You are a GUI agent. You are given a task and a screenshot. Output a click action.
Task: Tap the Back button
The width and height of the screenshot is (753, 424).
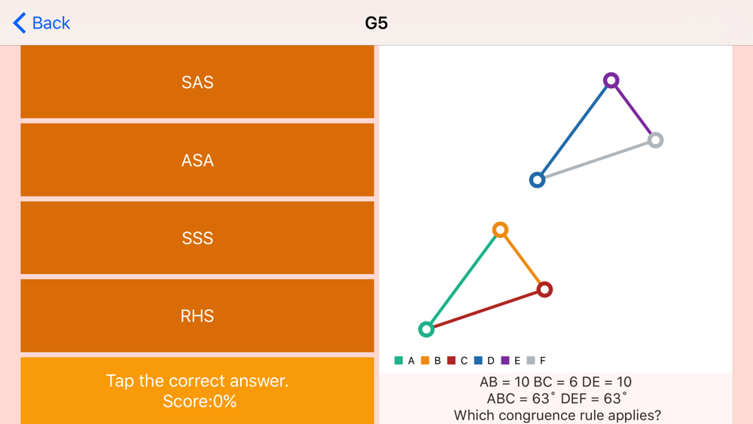pos(41,23)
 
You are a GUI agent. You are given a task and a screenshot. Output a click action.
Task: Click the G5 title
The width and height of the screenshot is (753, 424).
pos(376,23)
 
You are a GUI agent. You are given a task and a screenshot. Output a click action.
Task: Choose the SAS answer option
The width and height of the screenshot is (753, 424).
pos(197,82)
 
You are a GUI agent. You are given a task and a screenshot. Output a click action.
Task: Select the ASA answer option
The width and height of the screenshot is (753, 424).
pos(197,160)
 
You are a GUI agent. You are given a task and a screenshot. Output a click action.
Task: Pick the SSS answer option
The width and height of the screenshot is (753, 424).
pos(197,238)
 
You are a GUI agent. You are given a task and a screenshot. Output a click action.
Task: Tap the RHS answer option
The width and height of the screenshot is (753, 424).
pos(197,316)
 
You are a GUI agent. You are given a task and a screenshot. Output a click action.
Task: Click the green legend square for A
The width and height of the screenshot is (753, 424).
pos(398,360)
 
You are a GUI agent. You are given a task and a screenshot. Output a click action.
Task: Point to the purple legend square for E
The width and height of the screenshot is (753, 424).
pos(505,360)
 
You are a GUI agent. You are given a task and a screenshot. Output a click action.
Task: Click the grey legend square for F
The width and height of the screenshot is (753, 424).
pos(531,360)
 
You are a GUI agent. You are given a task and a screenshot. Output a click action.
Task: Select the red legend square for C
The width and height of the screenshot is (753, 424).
pos(451,360)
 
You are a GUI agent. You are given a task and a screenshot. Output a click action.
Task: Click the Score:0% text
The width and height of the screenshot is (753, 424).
pos(200,401)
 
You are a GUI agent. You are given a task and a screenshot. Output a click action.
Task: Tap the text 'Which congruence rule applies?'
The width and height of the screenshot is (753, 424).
pos(557,415)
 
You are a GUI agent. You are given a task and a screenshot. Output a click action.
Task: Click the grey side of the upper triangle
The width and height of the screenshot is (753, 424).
pos(596,160)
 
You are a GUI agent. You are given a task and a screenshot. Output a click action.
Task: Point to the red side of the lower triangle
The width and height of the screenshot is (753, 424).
pos(486,310)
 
